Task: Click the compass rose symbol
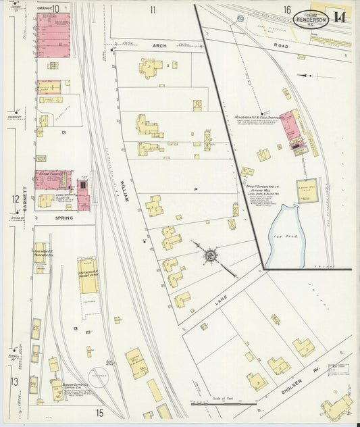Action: pos(211,255)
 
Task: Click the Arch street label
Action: pos(159,46)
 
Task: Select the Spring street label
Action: pos(64,218)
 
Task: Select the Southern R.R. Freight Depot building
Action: pos(88,276)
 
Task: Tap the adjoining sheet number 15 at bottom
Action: pos(99,412)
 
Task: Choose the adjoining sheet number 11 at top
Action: pos(153,9)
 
